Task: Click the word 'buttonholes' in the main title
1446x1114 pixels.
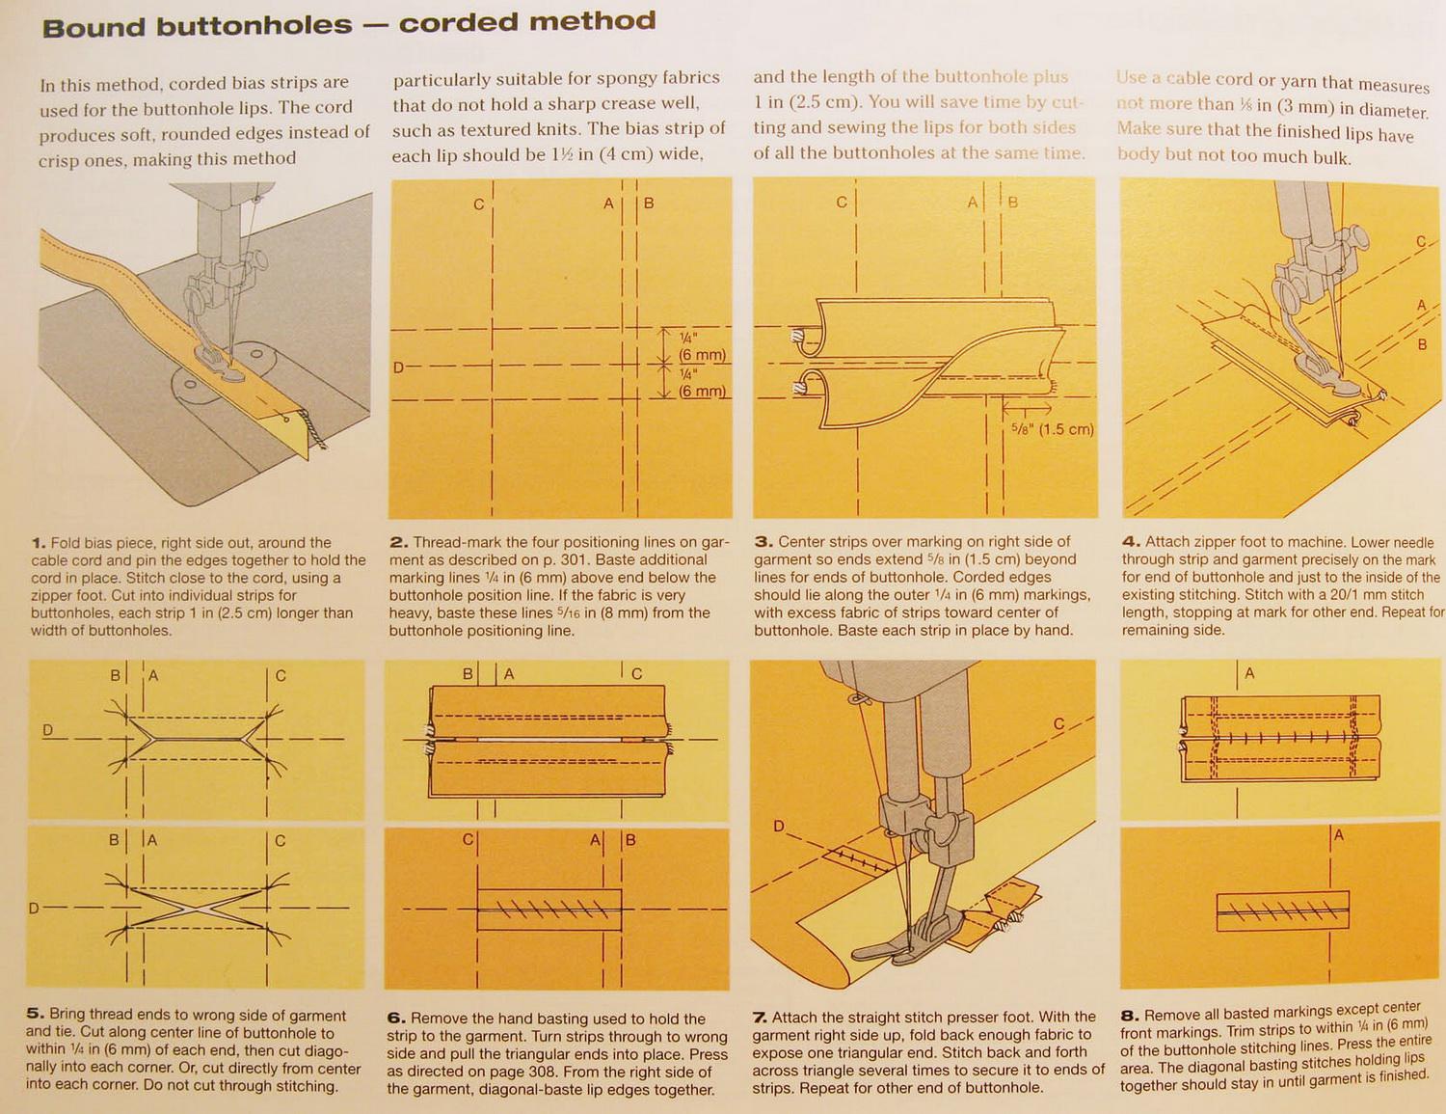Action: pyautogui.click(x=254, y=26)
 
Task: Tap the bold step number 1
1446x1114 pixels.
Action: pyautogui.click(x=38, y=543)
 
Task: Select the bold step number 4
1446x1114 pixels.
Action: pyautogui.click(x=1130, y=542)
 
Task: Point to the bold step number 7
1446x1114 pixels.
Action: pyautogui.click(x=760, y=1017)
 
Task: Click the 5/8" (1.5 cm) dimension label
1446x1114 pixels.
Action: pyautogui.click(x=1053, y=429)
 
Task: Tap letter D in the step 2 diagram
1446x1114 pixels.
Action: pyautogui.click(x=398, y=367)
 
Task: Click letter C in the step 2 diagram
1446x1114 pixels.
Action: pyautogui.click(x=478, y=204)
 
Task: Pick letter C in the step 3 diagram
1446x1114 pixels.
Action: pyautogui.click(x=842, y=202)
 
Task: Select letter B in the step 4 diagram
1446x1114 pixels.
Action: pyautogui.click(x=1421, y=343)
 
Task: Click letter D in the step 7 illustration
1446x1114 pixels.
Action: pyautogui.click(x=779, y=827)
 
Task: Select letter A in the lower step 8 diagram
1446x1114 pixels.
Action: pyautogui.click(x=1339, y=835)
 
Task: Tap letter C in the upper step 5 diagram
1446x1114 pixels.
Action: pyautogui.click(x=281, y=675)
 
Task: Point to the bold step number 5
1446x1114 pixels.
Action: pyautogui.click(x=36, y=1014)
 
